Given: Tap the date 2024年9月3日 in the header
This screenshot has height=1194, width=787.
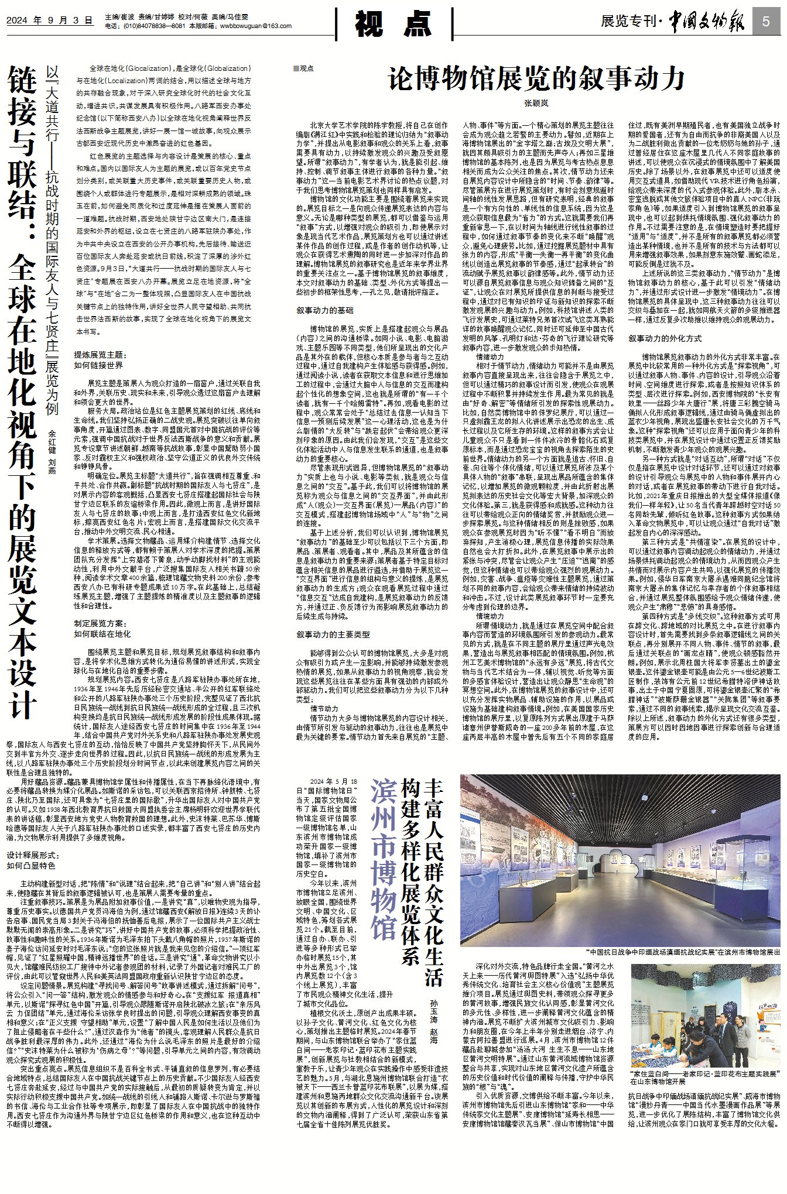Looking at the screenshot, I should pyautogui.click(x=50, y=20).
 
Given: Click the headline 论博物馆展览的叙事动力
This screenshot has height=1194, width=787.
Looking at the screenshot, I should pyautogui.click(x=536, y=78).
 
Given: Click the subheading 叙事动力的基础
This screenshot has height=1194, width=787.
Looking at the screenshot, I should pyautogui.click(x=324, y=310).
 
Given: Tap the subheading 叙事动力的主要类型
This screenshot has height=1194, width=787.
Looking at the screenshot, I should pyautogui.click(x=333, y=634).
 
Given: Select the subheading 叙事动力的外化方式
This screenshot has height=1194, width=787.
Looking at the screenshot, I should pyautogui.click(x=665, y=338).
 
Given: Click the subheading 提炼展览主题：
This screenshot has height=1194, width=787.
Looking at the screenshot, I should pyautogui.click(x=100, y=354).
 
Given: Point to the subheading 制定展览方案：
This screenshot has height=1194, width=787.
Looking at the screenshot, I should pyautogui.click(x=100, y=623).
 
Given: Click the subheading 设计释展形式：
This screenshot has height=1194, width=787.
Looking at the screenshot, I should pyautogui.click(x=33, y=855).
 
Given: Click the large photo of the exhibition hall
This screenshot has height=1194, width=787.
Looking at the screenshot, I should pyautogui.click(x=620, y=860).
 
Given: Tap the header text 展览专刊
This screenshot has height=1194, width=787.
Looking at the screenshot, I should pyautogui.click(x=628, y=22).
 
